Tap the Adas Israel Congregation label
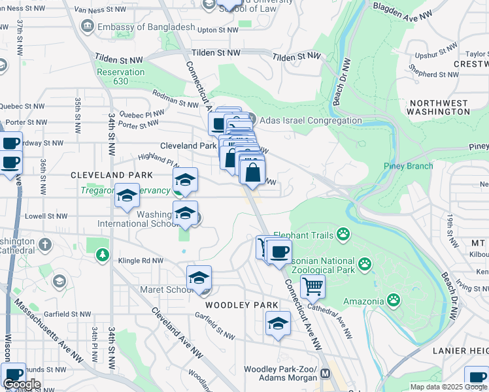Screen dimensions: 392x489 pyautogui.click(x=311, y=120)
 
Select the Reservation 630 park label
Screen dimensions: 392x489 pyautogui.click(x=120, y=76)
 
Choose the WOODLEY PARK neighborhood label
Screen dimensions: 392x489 pyautogui.click(x=242, y=305)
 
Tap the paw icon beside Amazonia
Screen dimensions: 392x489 pyautogui.click(x=394, y=300)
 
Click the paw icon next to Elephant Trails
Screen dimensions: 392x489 pyautogui.click(x=343, y=235)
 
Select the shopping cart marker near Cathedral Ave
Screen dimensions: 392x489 pyautogui.click(x=313, y=286)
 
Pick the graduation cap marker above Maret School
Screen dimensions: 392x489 pyautogui.click(x=199, y=277)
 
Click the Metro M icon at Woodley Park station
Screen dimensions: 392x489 pyautogui.click(x=325, y=372)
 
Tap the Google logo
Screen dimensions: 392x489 pyautogui.click(x=22, y=384)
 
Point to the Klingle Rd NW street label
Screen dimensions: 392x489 pyautogui.click(x=141, y=260)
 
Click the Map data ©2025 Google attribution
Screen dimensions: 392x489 pyautogui.click(x=448, y=387)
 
